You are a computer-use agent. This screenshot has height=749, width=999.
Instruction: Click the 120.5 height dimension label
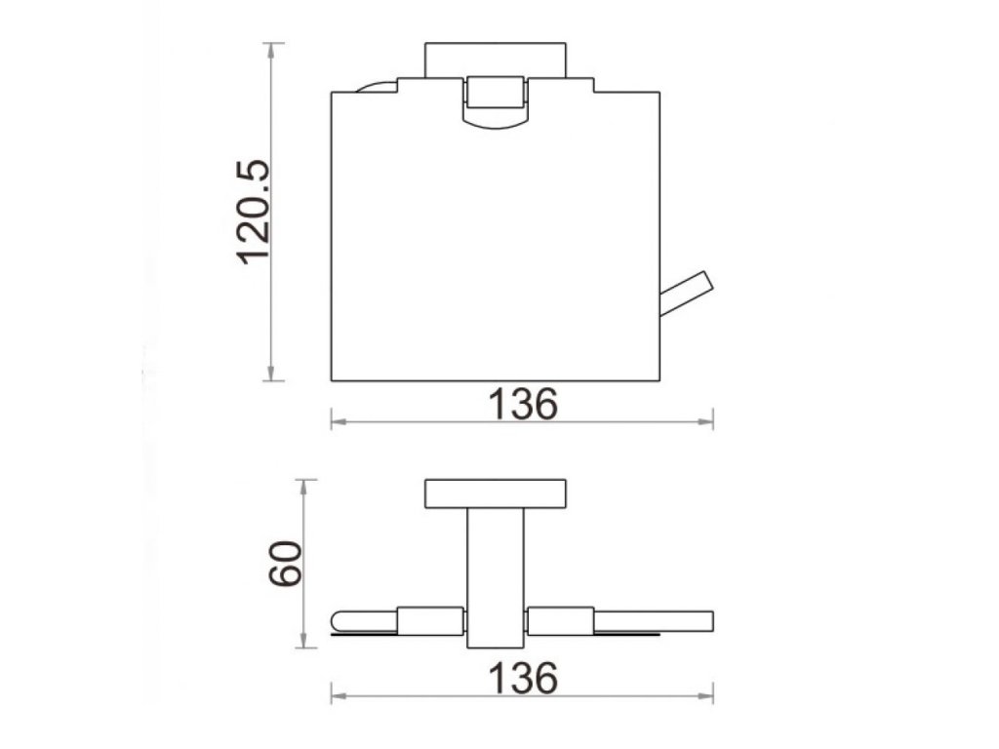coord(254,212)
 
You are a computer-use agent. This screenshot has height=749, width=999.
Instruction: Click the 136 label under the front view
coord(523,404)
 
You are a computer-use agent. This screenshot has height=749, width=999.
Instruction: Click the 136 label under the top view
coord(523,678)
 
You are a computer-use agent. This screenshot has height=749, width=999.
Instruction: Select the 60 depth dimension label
coord(284,563)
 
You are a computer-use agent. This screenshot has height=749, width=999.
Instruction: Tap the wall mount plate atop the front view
coord(496,59)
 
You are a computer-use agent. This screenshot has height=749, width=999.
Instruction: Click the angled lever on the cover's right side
coord(686,294)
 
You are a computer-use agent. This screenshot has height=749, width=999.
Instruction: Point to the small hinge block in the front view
coord(496,92)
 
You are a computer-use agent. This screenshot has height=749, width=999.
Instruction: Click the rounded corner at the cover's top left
coord(376,86)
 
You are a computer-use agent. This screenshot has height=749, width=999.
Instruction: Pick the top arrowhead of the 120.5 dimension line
coord(273,50)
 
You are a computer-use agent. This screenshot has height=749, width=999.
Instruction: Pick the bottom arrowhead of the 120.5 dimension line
coord(273,374)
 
